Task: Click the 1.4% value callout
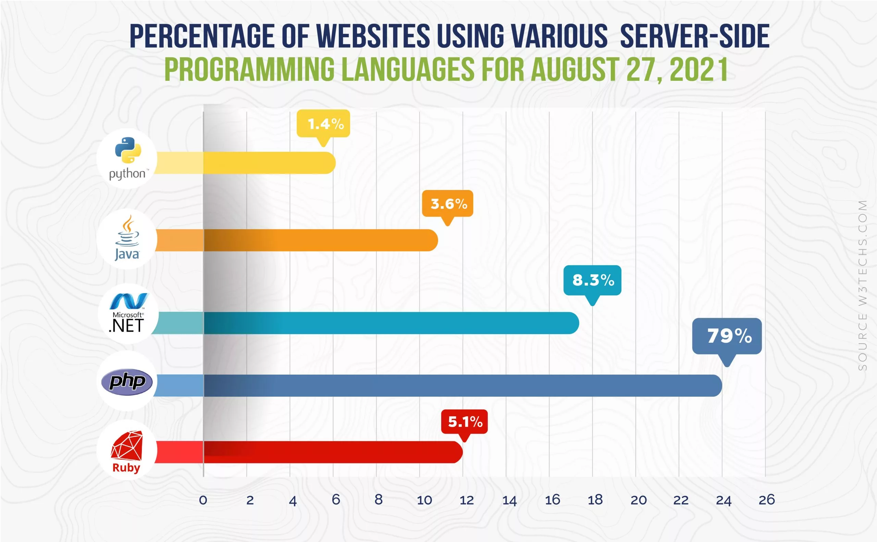pos(323,124)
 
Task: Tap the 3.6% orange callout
pos(447,204)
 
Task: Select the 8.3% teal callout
pos(592,280)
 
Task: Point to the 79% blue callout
pos(727,336)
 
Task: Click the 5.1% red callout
pos(464,421)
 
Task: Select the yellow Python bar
pos(269,163)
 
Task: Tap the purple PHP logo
pos(127,382)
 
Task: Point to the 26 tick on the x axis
pos(766,500)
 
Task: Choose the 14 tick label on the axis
pos(509,500)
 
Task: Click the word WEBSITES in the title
pos(373,36)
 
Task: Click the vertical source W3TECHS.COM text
pos(862,285)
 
